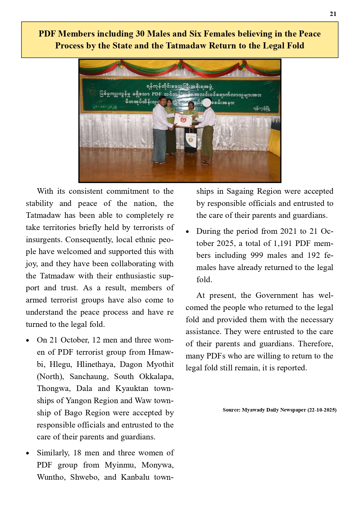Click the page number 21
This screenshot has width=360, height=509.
(x=333, y=14)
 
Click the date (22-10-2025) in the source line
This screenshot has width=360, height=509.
(x=322, y=410)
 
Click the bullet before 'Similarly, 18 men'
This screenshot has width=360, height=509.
(x=28, y=453)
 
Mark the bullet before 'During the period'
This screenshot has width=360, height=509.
(x=187, y=232)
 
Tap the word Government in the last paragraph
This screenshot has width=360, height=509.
(x=277, y=295)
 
